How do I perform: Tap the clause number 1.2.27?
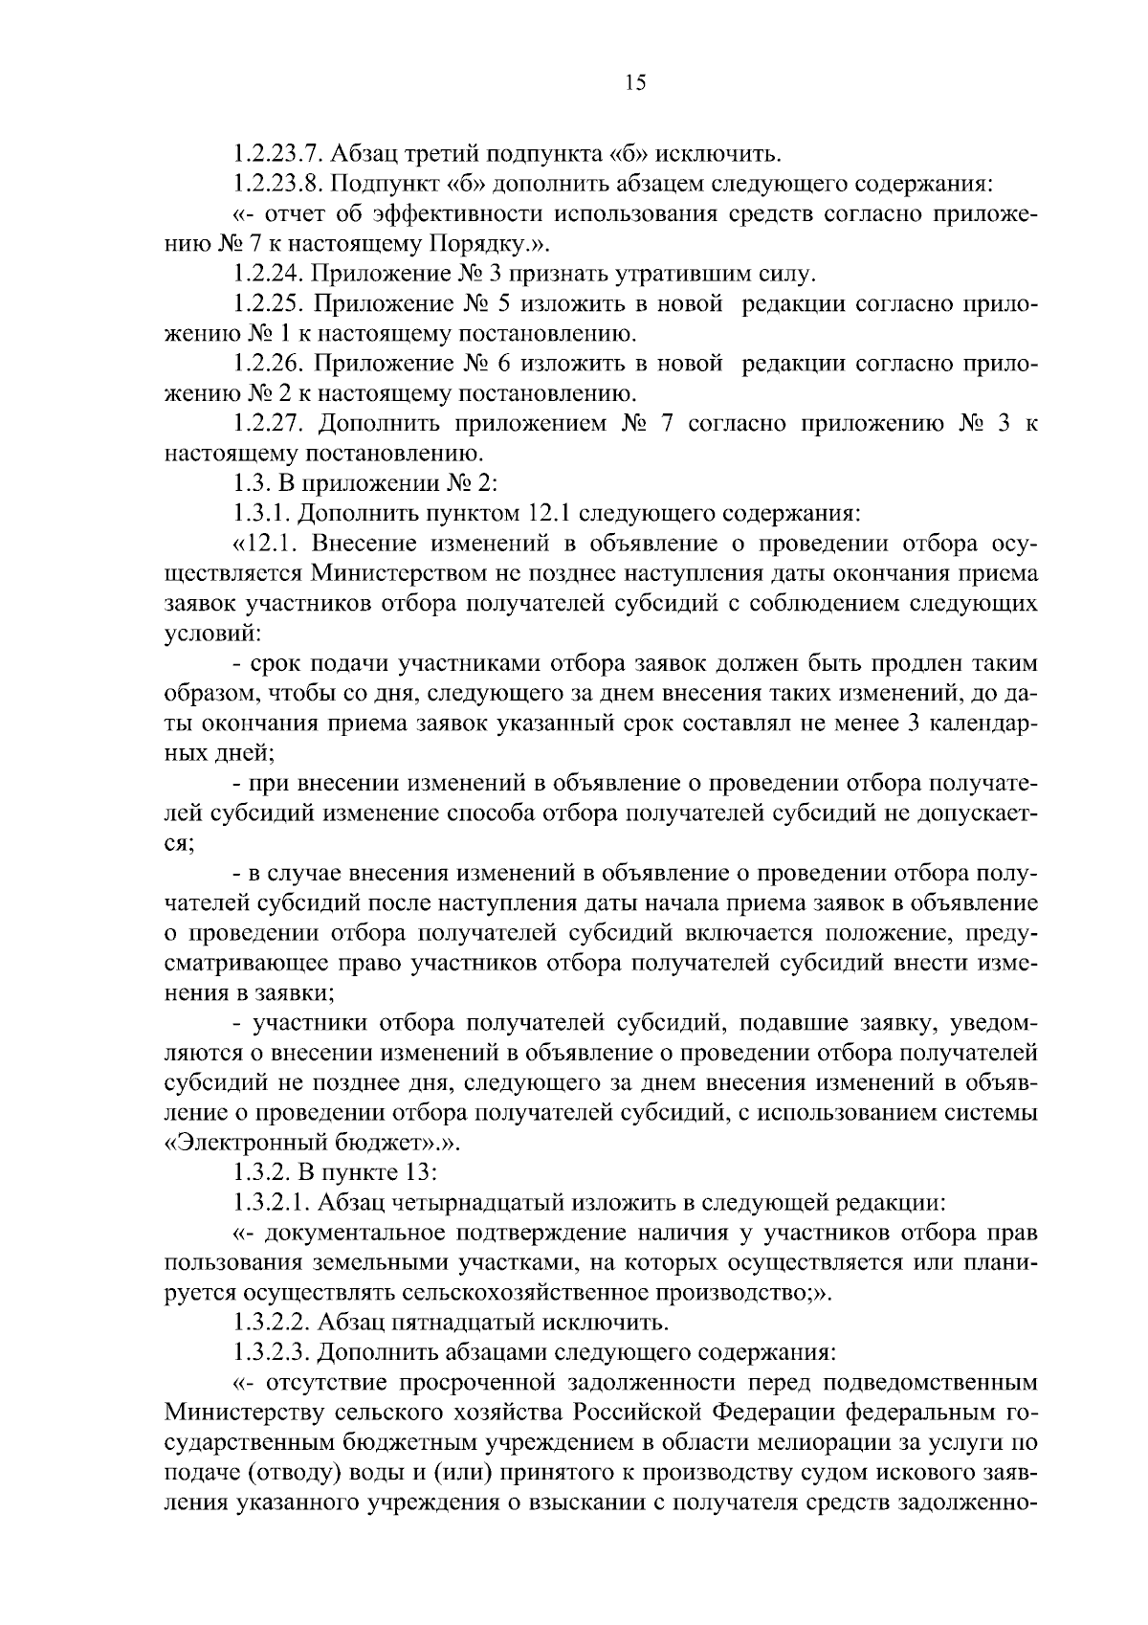click(x=265, y=423)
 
